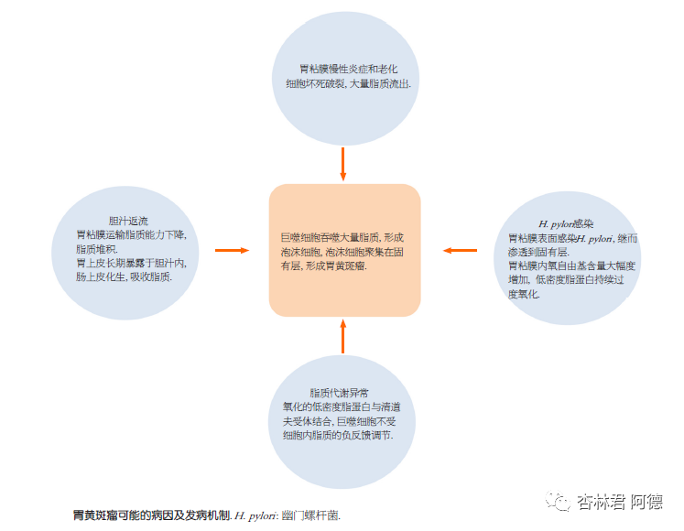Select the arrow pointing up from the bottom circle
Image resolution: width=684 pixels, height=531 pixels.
click(x=343, y=336)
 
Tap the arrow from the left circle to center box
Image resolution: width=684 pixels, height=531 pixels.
click(x=232, y=249)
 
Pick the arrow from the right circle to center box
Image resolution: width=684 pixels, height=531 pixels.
click(x=460, y=249)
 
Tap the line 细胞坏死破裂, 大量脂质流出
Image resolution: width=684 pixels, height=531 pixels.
click(x=347, y=83)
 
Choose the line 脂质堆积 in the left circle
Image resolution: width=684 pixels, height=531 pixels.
click(x=97, y=248)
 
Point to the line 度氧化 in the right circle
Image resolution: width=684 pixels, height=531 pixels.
click(x=524, y=294)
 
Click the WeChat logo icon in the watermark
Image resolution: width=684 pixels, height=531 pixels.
click(x=558, y=502)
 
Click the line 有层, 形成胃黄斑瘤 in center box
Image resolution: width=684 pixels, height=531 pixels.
click(x=323, y=265)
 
